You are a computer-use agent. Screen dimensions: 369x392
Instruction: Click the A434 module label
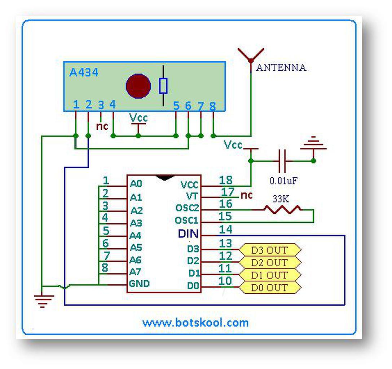coord(84,73)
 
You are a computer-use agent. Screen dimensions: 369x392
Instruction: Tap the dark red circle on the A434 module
coord(138,86)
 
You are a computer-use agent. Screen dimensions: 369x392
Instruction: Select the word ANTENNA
coord(281,68)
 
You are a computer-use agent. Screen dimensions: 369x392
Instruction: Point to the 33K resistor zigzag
coord(282,209)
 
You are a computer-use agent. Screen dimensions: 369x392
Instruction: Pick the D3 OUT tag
coord(269,249)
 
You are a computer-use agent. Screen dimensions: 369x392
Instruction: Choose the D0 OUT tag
coord(269,288)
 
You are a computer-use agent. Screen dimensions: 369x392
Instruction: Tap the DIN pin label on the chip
coord(188,234)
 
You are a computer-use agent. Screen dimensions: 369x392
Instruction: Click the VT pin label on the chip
coord(192,196)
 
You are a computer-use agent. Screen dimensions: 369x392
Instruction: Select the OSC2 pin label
coord(187,208)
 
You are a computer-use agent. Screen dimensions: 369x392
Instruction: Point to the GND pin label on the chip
coord(140,284)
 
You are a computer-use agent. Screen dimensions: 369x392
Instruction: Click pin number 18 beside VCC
coord(226,180)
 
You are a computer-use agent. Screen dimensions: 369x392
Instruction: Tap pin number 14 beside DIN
coord(226,230)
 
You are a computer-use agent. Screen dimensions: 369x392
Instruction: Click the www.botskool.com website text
coord(195,322)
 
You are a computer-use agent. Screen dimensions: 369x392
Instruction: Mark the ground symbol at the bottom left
coord(43,300)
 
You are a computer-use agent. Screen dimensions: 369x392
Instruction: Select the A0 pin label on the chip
coord(136,184)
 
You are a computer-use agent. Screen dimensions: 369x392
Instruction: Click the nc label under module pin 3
coord(102,126)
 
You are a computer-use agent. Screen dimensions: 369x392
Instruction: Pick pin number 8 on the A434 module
coord(212,106)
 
